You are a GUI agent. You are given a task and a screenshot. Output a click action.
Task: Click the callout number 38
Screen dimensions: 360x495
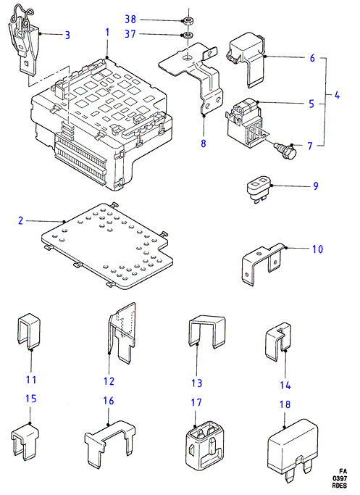coord(130,20)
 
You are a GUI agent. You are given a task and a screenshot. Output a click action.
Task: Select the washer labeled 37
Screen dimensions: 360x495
coord(187,34)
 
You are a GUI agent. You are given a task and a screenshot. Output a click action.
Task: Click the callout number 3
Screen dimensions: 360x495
coord(67,35)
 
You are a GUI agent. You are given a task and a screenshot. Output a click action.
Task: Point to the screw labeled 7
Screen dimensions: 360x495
coord(287,151)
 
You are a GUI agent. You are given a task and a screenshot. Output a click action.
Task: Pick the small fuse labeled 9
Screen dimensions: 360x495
coord(259,190)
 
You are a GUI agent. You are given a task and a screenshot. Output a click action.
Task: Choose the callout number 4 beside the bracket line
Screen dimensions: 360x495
coord(337,95)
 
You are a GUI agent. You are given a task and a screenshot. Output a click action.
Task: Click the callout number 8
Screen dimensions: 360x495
coord(204,143)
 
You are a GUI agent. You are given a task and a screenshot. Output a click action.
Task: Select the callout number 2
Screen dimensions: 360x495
coord(20,220)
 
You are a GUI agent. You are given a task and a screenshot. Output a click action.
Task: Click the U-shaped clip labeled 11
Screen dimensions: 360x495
coord(28,330)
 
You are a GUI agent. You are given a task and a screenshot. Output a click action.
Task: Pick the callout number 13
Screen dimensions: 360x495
coord(196,383)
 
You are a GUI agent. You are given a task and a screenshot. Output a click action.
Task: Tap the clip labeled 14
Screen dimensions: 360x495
coord(277,341)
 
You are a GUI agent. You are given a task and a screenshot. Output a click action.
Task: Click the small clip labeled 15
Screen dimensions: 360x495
coord(25,441)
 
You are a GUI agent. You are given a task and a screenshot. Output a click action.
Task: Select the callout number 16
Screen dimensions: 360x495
coord(108,401)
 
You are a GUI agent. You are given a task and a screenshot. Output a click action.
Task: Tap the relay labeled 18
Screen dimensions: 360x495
coord(293,449)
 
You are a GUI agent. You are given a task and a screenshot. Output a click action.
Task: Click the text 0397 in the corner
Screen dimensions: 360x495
coord(339,478)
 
